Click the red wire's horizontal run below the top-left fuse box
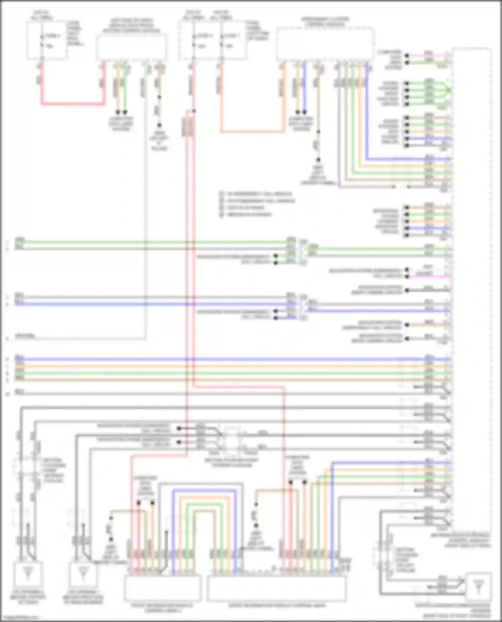pyautogui.click(x=72, y=104)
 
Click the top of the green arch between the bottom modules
pyautogui.click(x=203, y=505)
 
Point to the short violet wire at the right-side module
pyautogui.click(x=432, y=277)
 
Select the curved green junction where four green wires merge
pyautogui.click(x=447, y=90)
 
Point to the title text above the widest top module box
pyautogui.click(x=325, y=21)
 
